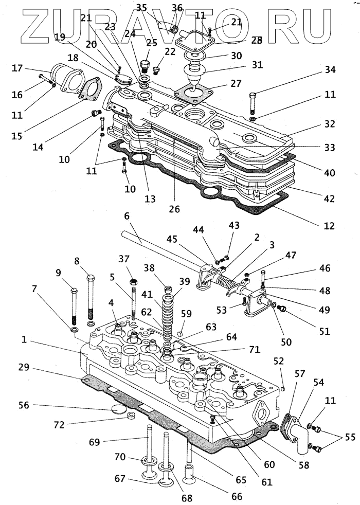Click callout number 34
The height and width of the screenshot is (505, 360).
click(330, 69)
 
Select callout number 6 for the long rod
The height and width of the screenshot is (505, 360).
click(127, 216)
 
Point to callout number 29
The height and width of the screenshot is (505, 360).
click(24, 367)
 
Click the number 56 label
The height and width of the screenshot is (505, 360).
click(24, 405)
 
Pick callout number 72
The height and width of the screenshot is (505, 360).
click(59, 425)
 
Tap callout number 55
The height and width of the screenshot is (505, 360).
click(350, 437)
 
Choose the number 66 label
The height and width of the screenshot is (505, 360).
click(237, 496)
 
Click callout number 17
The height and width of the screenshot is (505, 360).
click(17, 68)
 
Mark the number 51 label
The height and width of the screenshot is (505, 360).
click(324, 331)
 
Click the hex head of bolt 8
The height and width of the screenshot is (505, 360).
click(91, 277)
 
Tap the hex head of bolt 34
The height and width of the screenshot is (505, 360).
click(253, 95)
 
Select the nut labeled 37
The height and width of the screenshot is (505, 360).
click(134, 282)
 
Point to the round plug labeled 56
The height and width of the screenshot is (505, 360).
click(118, 409)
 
